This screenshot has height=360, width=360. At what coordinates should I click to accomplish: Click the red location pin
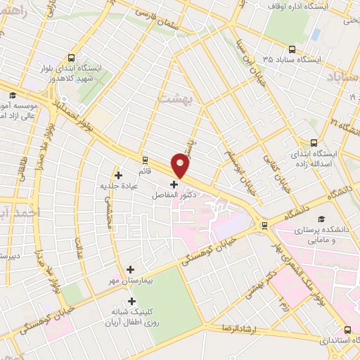[x=181, y=166]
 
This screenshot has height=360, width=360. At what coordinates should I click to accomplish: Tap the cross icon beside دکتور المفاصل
[x=174, y=184]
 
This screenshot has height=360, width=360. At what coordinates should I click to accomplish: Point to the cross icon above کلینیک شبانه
[x=131, y=301]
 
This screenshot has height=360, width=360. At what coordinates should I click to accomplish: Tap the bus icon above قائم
[x=145, y=160]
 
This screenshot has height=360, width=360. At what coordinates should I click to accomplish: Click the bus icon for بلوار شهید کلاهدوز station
[x=72, y=58]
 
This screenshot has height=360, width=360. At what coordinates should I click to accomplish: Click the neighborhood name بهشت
[x=177, y=99]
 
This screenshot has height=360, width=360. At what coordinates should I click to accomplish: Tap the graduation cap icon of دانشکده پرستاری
[x=321, y=219]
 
